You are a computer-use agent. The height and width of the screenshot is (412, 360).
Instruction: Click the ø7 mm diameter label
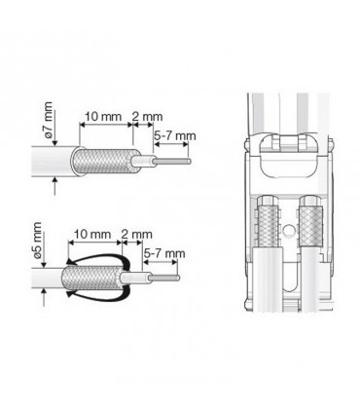click(49, 120)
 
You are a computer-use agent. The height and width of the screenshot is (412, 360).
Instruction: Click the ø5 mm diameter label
click(37, 240)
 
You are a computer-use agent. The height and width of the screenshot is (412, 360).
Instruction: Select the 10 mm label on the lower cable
click(92, 234)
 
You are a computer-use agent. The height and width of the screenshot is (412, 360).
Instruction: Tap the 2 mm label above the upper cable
click(147, 117)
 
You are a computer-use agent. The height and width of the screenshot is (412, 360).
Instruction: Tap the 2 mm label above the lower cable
click(136, 235)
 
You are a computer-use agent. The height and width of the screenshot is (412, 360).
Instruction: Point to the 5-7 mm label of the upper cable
click(175, 135)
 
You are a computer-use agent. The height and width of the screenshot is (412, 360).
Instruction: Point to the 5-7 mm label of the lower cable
click(164, 253)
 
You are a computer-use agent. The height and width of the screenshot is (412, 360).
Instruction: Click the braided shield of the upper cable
click(106, 161)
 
